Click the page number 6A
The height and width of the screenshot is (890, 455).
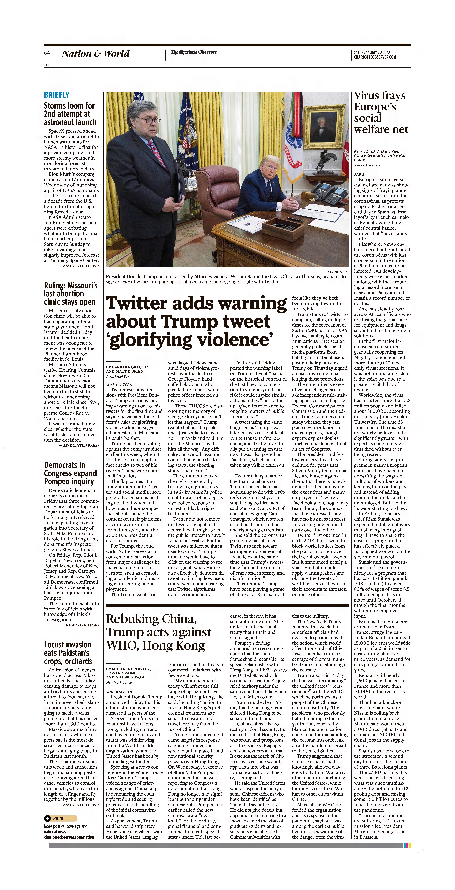pyautogui.click(x=47, y=53)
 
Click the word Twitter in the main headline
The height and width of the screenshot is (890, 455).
pyautogui.click(x=138, y=303)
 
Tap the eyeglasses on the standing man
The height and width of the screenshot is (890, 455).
pyautogui.click(x=150, y=120)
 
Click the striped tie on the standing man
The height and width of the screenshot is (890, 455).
pyautogui.click(x=158, y=153)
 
